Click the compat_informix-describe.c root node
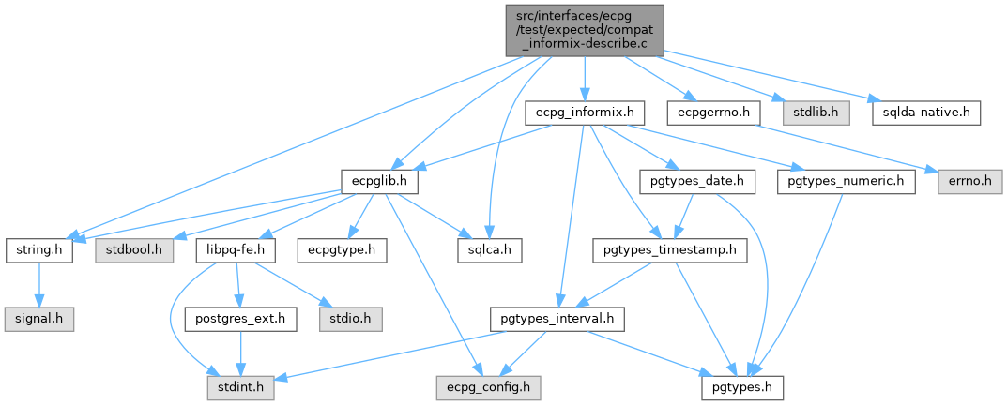(584, 29)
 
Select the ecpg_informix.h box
(585, 112)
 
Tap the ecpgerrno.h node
(712, 112)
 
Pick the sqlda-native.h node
(926, 112)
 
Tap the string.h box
(39, 251)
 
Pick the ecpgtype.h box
(336, 251)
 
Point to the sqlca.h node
(489, 251)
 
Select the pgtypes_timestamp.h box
(669, 251)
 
